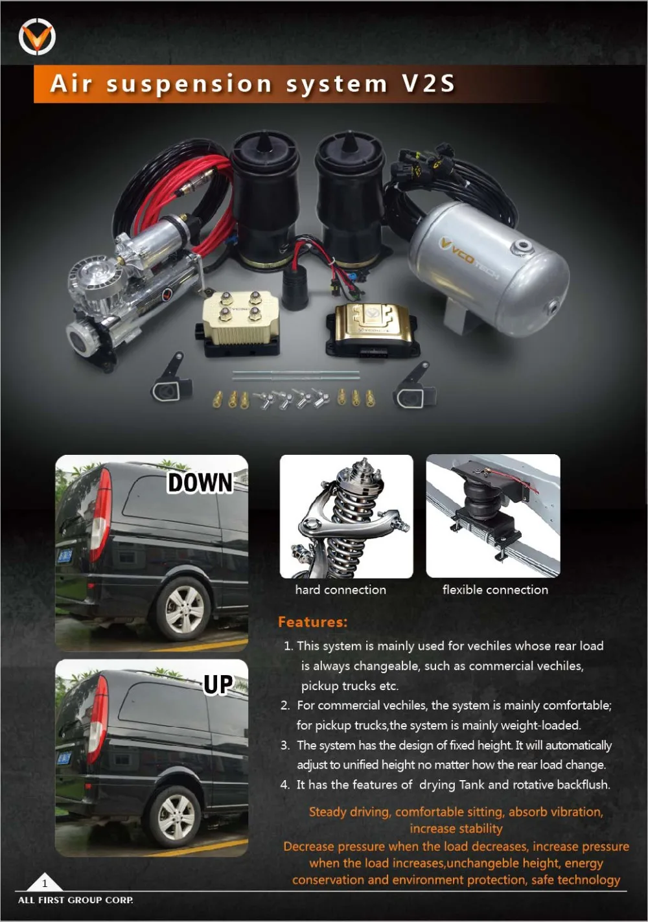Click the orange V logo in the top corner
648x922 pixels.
pos(37,37)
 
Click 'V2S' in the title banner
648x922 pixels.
pos(428,84)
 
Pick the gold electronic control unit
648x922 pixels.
pos(371,327)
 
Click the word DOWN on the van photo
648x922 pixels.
pos(200,483)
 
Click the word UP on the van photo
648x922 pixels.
pos(218,684)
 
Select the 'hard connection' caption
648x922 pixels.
pos(340,590)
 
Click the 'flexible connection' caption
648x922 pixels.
pos(495,590)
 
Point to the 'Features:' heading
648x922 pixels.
pos(312,622)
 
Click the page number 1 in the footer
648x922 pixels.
pos(45,882)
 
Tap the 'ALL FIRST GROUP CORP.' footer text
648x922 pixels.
pos(76,900)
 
